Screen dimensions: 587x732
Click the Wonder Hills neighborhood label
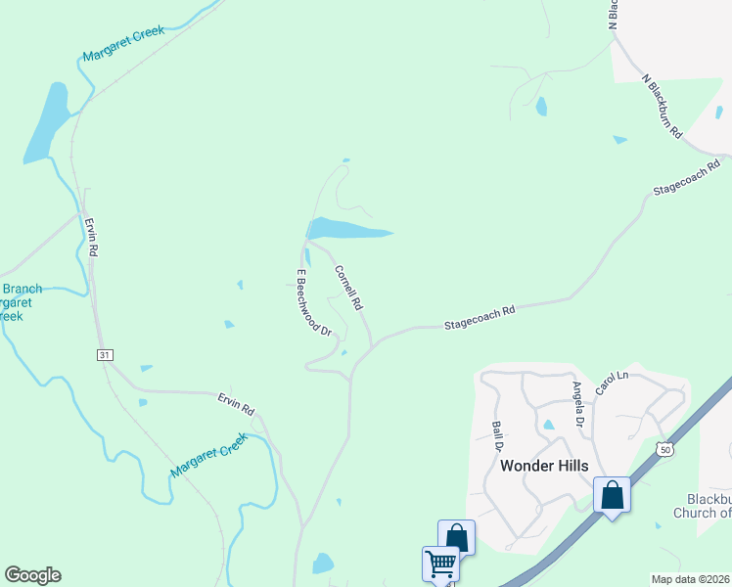[x=544, y=466]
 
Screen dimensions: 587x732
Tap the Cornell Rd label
[x=349, y=289]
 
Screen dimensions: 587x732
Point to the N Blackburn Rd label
[x=662, y=106]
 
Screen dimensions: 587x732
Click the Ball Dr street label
[x=498, y=435]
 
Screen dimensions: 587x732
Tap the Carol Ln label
[x=611, y=384]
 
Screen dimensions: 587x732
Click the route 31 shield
[x=104, y=354]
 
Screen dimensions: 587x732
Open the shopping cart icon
[x=440, y=564]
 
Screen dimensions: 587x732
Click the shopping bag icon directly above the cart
[x=456, y=537]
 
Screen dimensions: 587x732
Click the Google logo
[x=32, y=575]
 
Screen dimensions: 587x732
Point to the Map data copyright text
[x=691, y=579]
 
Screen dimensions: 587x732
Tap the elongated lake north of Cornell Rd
[x=347, y=230]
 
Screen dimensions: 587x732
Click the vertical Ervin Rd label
[x=92, y=238]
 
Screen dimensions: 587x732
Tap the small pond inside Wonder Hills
[x=548, y=426]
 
